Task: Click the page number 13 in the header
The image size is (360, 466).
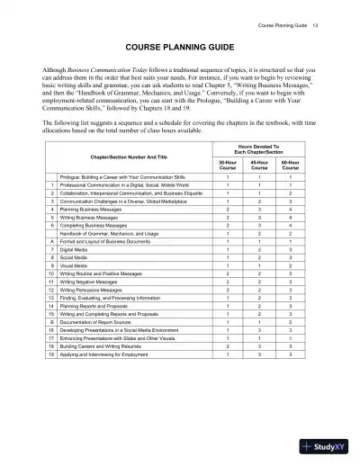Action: coord(315,13)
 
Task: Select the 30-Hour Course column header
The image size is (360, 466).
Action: coord(228,165)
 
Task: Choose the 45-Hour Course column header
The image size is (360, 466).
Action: coord(259,165)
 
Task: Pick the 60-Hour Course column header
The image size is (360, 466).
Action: coord(291,165)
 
